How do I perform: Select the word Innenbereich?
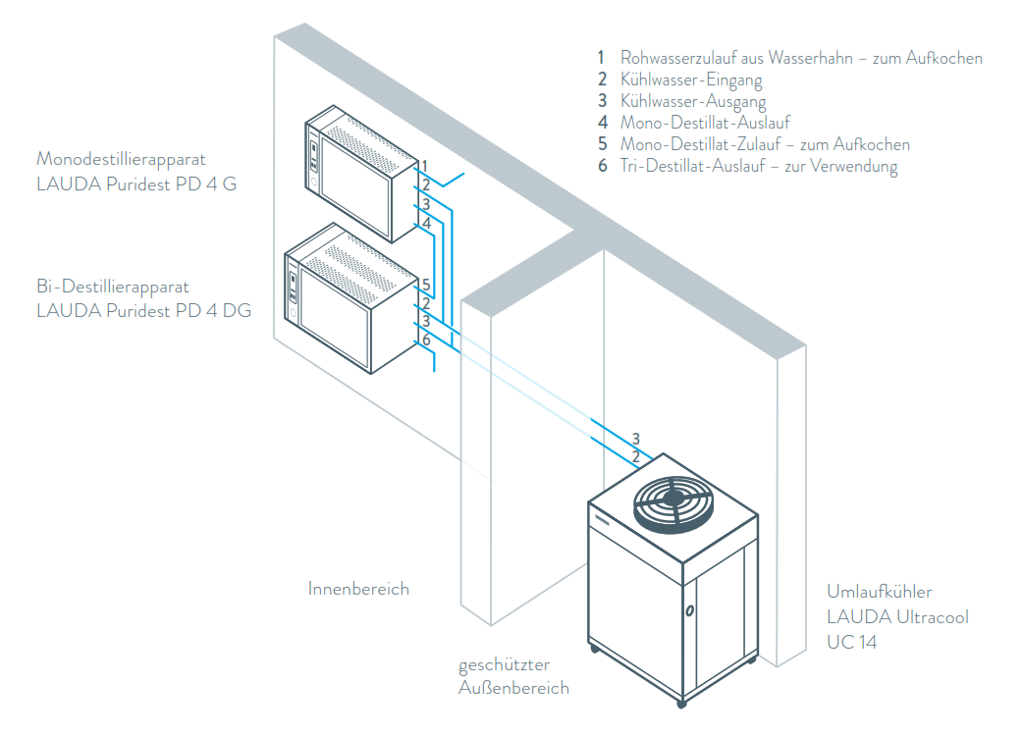[358, 589]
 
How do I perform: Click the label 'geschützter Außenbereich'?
[513, 677]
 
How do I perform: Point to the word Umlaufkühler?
[880, 592]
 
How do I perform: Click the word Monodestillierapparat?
[122, 158]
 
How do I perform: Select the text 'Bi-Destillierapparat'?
[112, 287]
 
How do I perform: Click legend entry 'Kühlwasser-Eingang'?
[691, 79]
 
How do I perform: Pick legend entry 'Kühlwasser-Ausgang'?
[693, 101]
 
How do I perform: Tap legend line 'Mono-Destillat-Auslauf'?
[705, 123]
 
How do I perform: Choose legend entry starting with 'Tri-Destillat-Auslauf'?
[758, 166]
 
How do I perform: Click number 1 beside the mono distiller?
[424, 165]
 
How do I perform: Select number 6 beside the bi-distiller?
[426, 340]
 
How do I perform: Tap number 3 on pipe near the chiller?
[635, 438]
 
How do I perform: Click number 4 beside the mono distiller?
[426, 224]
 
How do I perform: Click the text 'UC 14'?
[851, 642]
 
